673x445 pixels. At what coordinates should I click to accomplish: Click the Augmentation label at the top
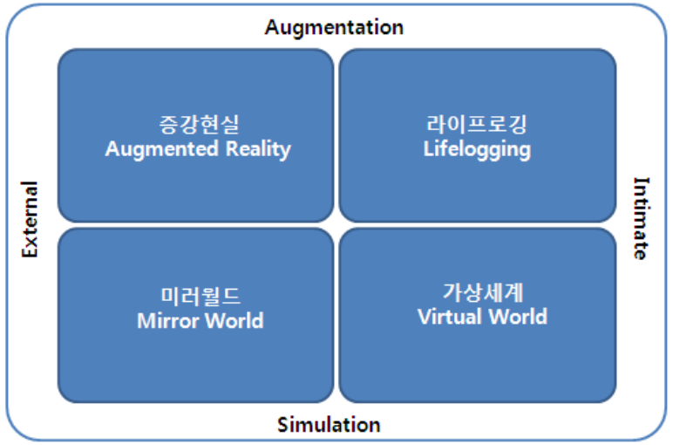tap(334, 27)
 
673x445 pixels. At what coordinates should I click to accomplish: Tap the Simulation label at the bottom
tap(329, 425)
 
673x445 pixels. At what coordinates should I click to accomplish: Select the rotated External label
tap(31, 219)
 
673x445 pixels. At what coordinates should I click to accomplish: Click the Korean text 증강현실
tap(197, 125)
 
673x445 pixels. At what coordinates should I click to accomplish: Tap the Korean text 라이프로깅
tap(477, 125)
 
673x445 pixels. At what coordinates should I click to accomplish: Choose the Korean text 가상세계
tap(482, 291)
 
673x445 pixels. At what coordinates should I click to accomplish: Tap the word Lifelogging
tap(477, 149)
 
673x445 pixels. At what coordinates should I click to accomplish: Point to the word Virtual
tap(448, 315)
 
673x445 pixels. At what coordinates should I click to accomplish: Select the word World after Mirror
tap(233, 320)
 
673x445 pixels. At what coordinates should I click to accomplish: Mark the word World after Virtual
tap(515, 315)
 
